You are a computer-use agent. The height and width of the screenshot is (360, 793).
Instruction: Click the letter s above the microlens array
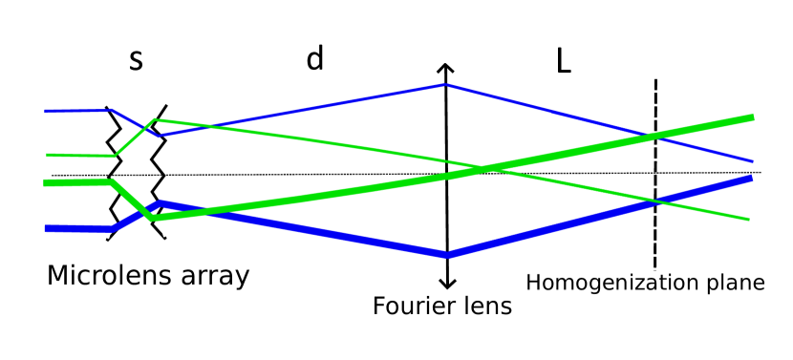tap(136, 60)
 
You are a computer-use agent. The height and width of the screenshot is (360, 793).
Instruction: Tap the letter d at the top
tap(314, 59)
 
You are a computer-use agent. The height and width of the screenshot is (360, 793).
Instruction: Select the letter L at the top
tap(564, 60)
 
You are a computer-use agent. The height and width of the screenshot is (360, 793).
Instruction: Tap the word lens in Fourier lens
tap(488, 307)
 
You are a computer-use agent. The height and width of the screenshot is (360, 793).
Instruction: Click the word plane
tap(737, 283)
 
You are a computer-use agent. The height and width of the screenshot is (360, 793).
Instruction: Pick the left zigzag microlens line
tap(114, 172)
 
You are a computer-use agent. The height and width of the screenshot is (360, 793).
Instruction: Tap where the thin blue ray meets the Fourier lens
tap(445, 84)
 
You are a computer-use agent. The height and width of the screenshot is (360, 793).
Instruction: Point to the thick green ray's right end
tap(752, 117)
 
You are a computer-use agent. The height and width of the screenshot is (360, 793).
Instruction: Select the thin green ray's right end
tap(748, 219)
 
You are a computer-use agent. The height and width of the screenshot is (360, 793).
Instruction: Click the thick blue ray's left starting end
tap(47, 228)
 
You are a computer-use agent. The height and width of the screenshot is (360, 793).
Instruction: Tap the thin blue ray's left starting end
tap(46, 111)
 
